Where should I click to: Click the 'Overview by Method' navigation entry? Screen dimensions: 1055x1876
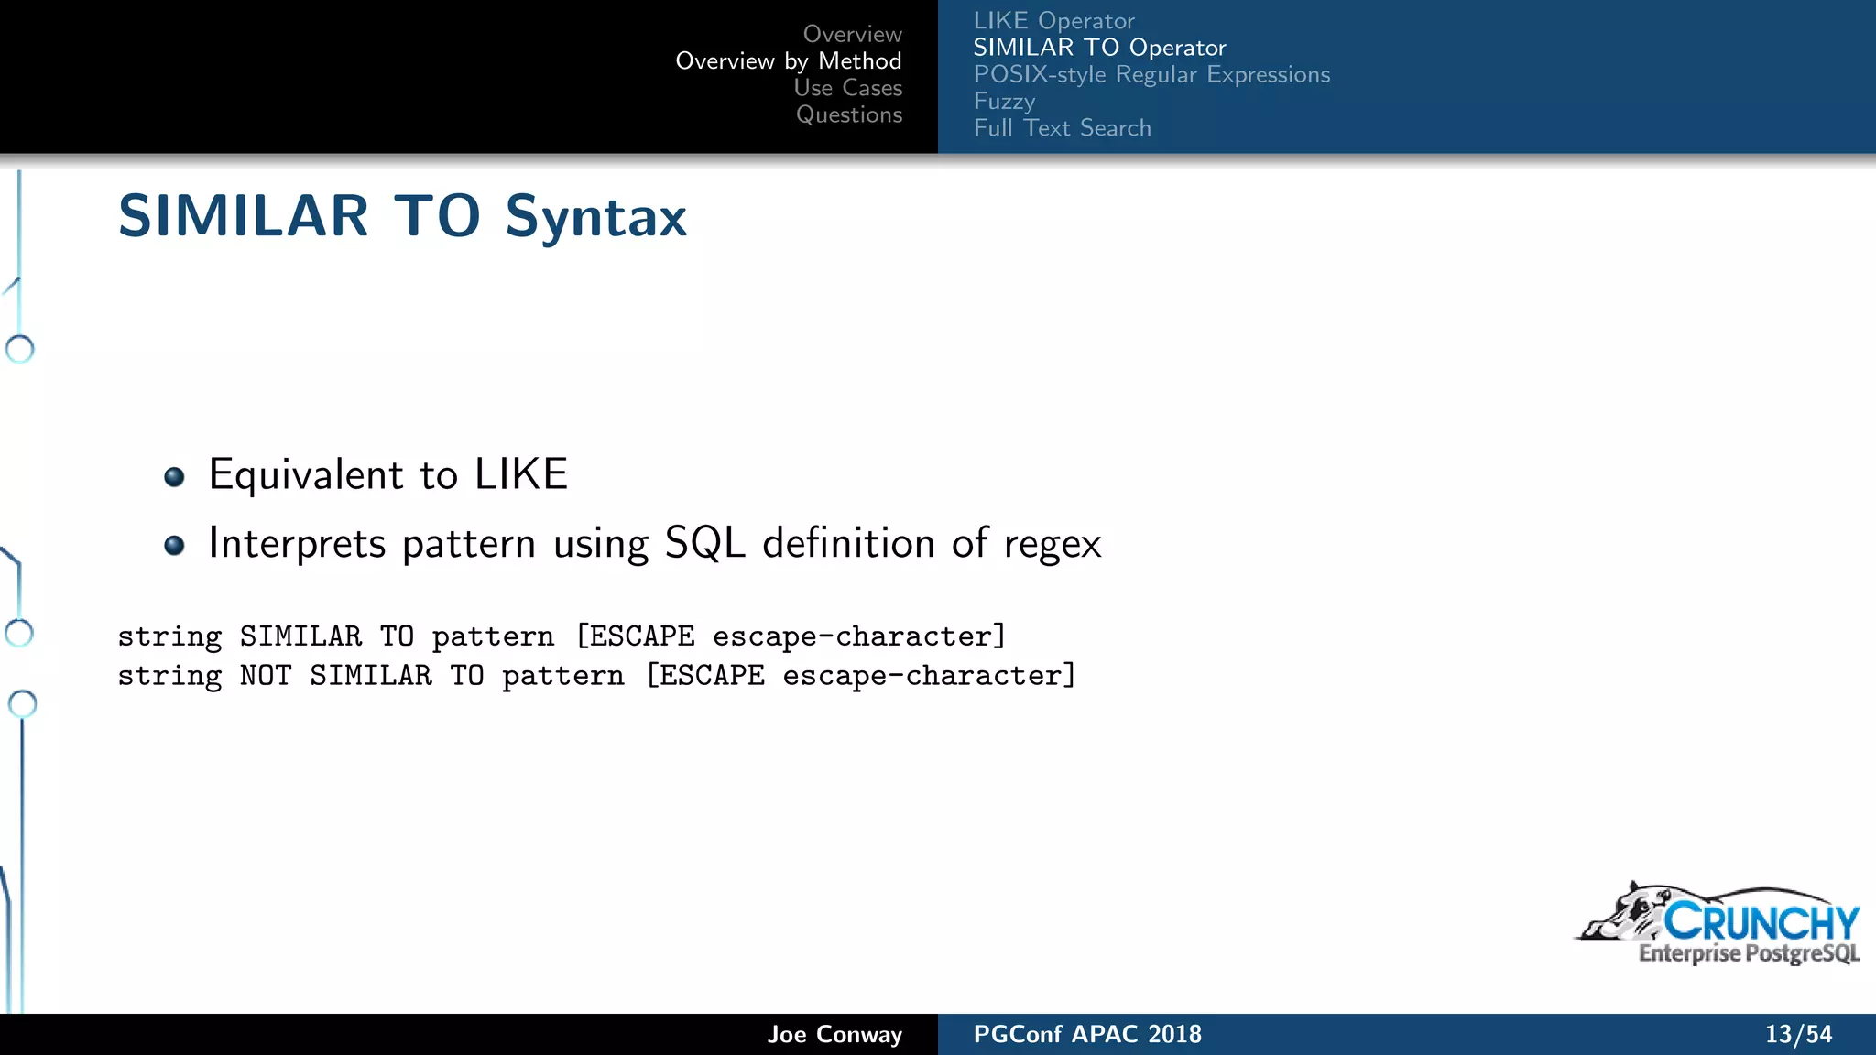pyautogui.click(x=788, y=61)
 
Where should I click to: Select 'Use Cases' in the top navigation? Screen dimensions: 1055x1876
pyautogui.click(x=847, y=88)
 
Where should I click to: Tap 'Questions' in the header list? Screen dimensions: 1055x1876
pyautogui.click(x=848, y=114)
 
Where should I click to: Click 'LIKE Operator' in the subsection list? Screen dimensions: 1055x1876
pyautogui.click(x=1053, y=20)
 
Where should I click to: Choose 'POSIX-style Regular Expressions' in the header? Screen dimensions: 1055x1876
pyautogui.click(x=1151, y=74)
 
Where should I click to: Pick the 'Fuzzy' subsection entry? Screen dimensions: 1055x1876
pyautogui.click(x=1004, y=101)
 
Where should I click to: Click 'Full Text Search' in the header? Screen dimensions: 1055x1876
pyautogui.click(x=1062, y=127)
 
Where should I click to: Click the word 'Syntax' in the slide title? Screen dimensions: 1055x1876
pyautogui.click(x=595, y=218)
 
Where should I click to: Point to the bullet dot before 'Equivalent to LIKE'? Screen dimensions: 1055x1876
pyautogui.click(x=174, y=477)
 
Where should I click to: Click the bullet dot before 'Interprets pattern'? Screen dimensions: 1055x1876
pyautogui.click(x=174, y=546)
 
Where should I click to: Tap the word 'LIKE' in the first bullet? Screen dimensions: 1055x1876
pyautogui.click(x=520, y=474)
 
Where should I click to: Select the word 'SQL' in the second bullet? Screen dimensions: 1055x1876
pyautogui.click(x=704, y=543)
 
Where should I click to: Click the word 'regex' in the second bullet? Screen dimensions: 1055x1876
pyautogui.click(x=1053, y=545)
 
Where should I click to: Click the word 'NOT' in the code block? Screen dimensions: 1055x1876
pyautogui.click(x=266, y=676)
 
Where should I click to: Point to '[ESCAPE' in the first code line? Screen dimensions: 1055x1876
pyautogui.click(x=635, y=636)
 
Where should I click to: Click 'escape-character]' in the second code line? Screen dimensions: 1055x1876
pyautogui.click(x=929, y=676)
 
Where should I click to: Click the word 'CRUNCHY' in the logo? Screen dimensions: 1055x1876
pyautogui.click(x=1761, y=921)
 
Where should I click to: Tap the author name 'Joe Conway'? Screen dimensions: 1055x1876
pyautogui.click(x=834, y=1034)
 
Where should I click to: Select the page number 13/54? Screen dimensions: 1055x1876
pyautogui.click(x=1798, y=1034)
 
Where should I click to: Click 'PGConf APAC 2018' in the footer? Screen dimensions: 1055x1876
pyautogui.click(x=1086, y=1034)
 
